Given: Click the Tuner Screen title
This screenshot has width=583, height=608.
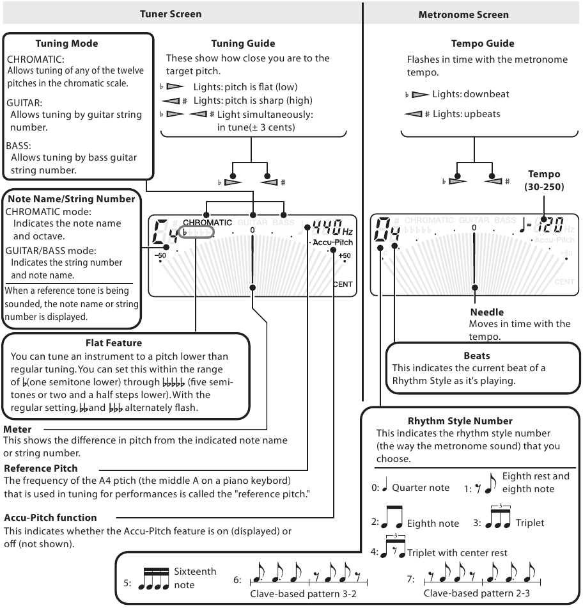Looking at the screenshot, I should pos(170,13).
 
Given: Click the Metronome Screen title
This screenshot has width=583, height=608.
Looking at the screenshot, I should pos(472,14).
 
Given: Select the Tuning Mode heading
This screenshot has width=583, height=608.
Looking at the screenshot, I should pos(66,44).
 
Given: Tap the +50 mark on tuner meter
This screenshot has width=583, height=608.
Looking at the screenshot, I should pos(345,256).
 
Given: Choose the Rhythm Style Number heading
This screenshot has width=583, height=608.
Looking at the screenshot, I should pos(460,420).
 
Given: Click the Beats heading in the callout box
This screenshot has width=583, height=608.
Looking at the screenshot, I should pos(476,355).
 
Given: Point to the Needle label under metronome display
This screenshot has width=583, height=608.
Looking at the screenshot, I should pos(487,312).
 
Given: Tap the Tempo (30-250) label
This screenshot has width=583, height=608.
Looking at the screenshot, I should pos(543,179).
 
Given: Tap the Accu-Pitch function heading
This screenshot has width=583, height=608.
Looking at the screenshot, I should pos(50,517).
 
